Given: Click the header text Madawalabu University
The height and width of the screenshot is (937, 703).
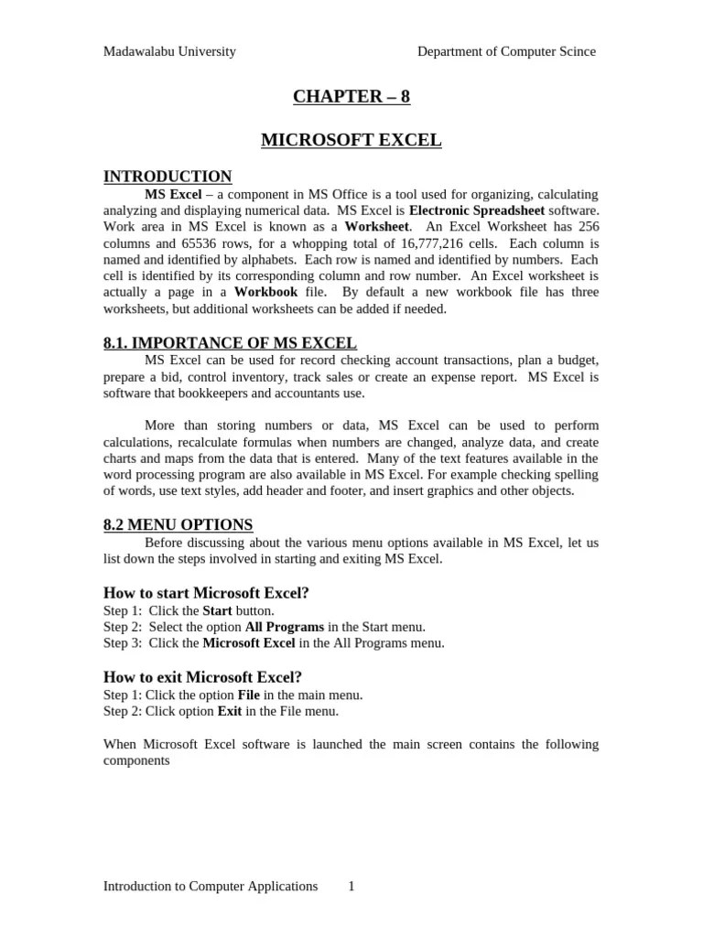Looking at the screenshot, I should pyautogui.click(x=169, y=51).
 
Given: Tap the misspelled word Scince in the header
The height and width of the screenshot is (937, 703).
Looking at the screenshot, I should pyautogui.click(x=576, y=51).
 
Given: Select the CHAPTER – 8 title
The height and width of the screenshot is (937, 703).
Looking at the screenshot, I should pyautogui.click(x=351, y=96).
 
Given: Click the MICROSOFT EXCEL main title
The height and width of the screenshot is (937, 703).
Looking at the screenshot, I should pyautogui.click(x=351, y=140).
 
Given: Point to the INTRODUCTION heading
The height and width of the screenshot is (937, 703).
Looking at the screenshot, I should pyautogui.click(x=168, y=177).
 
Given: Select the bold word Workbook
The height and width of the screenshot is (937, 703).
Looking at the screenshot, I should pyautogui.click(x=266, y=293).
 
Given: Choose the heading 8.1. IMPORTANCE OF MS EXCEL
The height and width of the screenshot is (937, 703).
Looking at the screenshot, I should pyautogui.click(x=230, y=343).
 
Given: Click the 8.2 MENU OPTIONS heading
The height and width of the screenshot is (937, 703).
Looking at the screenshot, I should pyautogui.click(x=178, y=524).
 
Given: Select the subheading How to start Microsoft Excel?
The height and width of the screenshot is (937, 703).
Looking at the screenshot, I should pyautogui.click(x=206, y=593).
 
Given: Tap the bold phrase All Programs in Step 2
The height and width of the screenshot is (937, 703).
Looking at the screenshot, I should pyautogui.click(x=285, y=627).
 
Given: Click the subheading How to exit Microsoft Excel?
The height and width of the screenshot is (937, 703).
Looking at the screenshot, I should pyautogui.click(x=202, y=677).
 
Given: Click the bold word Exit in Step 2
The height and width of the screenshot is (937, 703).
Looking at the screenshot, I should pyautogui.click(x=229, y=711).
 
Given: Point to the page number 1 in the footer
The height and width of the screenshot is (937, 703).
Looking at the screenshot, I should pyautogui.click(x=351, y=886).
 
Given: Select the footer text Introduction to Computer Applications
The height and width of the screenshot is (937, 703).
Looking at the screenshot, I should pyautogui.click(x=211, y=886).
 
